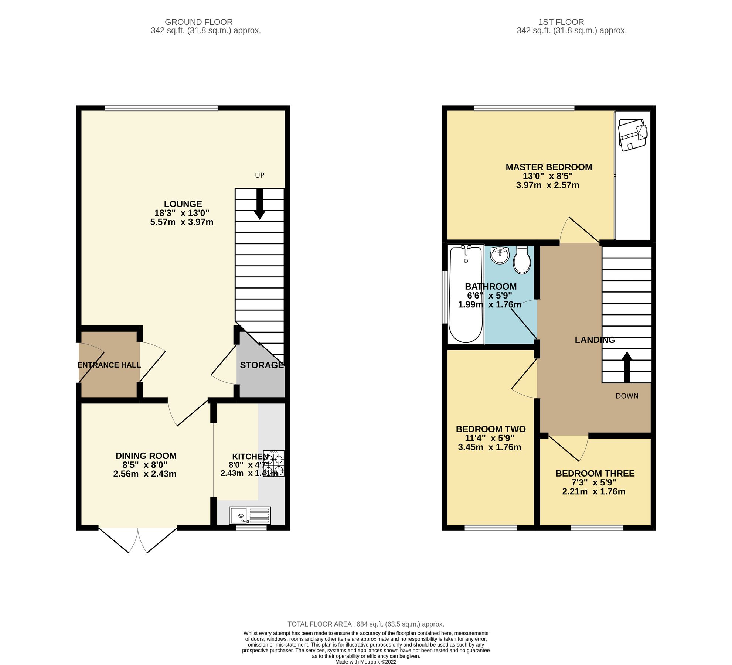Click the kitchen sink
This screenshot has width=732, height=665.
tap(250, 515)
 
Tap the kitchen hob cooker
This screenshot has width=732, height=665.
tap(274, 464)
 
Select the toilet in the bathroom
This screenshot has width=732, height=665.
tap(522, 260)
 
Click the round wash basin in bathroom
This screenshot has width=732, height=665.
tap(500, 255)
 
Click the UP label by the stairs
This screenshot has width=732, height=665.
tap(260, 175)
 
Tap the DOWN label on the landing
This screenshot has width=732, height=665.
tap(627, 396)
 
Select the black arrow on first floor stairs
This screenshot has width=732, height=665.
tap(627, 366)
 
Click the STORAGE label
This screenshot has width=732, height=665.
tap(262, 365)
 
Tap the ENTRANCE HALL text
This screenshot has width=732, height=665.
tap(109, 365)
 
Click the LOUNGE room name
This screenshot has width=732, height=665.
tap(183, 204)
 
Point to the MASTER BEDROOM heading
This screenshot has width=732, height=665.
tap(549, 167)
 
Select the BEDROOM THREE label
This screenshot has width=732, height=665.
tap(595, 473)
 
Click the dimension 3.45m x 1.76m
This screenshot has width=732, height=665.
tap(489, 447)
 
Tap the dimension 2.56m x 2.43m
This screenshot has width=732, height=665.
tap(145, 474)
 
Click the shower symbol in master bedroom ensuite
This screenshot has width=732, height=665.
tap(633, 134)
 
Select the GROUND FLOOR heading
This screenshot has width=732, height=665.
tap(198, 22)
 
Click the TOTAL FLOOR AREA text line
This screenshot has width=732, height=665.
tap(366, 624)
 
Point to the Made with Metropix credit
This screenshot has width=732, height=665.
tap(366, 662)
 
